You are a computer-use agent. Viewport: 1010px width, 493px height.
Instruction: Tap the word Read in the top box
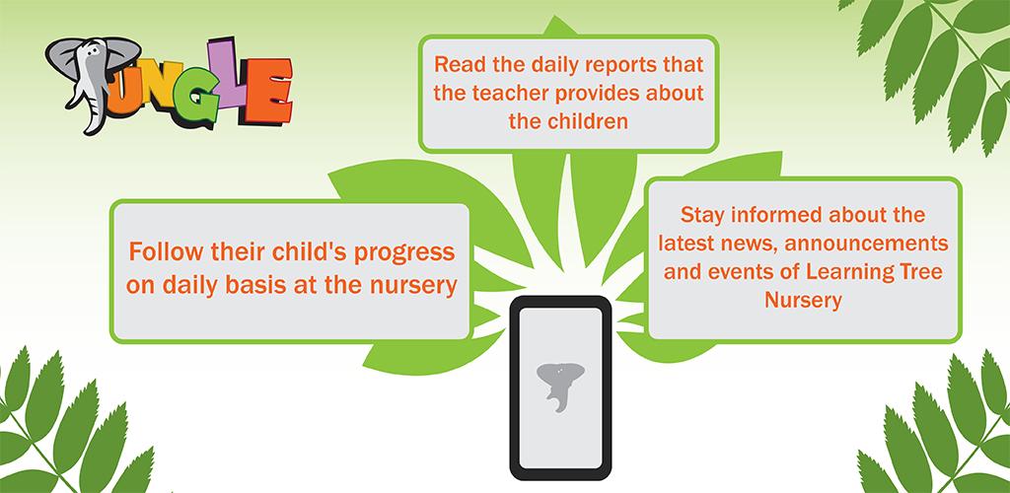[457, 65]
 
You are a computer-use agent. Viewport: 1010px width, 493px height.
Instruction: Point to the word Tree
[922, 271]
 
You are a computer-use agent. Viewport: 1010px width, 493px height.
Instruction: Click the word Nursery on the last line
[803, 301]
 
